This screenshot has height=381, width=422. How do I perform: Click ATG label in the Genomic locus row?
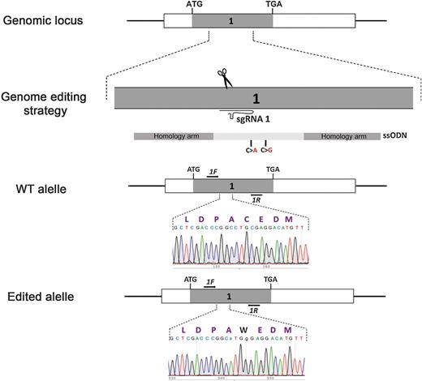click(195, 5)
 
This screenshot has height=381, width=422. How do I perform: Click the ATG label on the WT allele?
click(194, 170)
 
